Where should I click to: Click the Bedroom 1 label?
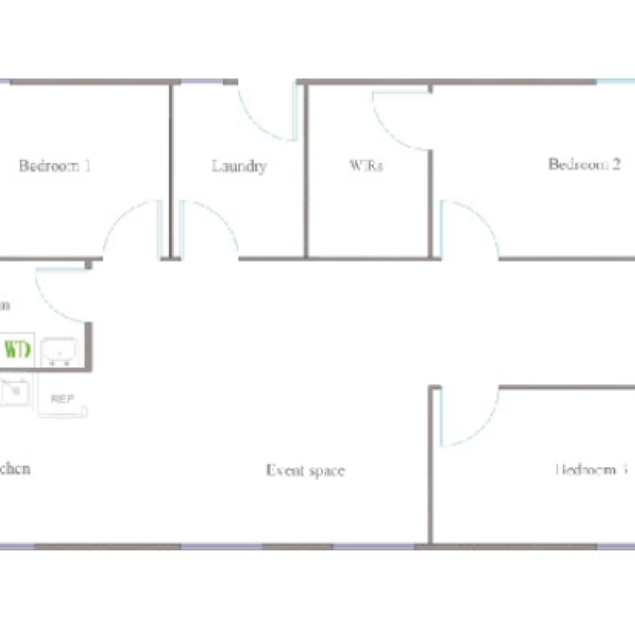tap(55, 165)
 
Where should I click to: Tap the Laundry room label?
tap(238, 166)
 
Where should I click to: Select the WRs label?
tap(366, 165)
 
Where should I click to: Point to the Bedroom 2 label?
tap(584, 164)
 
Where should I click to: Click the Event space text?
tap(305, 470)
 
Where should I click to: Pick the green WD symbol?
tap(17, 349)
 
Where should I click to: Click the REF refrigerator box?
tap(62, 400)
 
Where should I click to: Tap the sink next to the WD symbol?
tap(61, 350)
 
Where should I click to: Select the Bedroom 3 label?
tap(591, 470)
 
